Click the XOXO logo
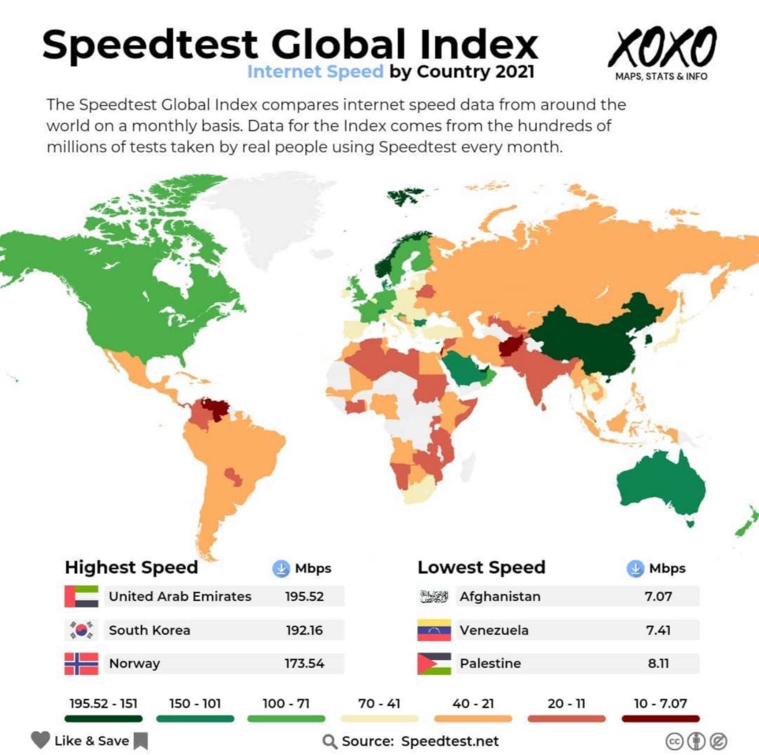point(662,47)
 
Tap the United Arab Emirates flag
point(81,597)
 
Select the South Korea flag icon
point(81,630)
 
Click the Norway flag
point(81,664)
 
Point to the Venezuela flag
point(434,630)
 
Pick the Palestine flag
point(434,664)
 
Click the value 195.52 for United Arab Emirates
point(304,597)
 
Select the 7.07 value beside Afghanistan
point(658,597)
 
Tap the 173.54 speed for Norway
point(304,664)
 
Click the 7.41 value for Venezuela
point(658,630)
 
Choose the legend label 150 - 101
point(195,704)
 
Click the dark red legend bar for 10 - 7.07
point(661,719)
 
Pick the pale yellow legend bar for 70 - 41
point(379,719)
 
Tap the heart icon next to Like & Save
point(40,740)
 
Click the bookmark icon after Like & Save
point(141,741)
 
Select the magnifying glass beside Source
point(330,741)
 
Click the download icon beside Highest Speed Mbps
point(280,568)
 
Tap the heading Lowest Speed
point(481,568)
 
